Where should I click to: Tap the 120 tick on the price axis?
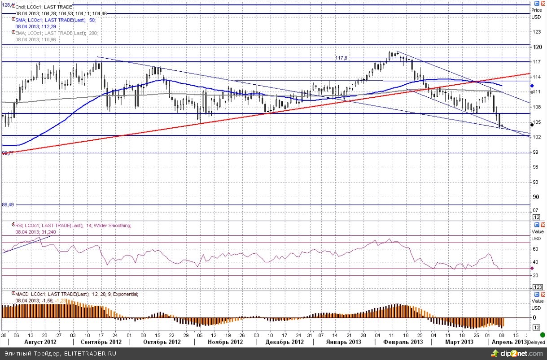tap(536, 47)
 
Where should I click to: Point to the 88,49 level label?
tap(9, 204)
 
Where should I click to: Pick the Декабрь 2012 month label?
tap(285, 342)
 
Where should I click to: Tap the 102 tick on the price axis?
tap(536, 137)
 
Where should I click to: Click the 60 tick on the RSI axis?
tap(535, 248)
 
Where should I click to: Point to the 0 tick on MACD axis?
tap(534, 317)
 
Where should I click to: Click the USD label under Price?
tap(536, 17)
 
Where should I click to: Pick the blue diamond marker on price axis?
tap(531, 86)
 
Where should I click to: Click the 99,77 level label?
tap(8, 153)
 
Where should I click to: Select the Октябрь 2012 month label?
tap(162, 342)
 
